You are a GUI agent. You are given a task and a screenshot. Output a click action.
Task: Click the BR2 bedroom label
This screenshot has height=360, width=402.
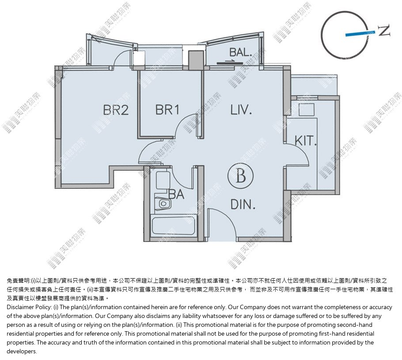(x=116, y=110)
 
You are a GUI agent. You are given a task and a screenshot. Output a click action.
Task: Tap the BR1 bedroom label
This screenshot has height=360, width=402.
(x=167, y=110)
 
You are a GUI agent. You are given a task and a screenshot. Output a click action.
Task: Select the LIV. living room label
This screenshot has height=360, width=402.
(x=241, y=110)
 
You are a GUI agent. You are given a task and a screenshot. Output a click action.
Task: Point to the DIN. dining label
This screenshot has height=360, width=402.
(x=243, y=204)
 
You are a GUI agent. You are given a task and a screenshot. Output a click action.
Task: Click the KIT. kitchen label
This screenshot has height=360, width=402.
(x=305, y=141)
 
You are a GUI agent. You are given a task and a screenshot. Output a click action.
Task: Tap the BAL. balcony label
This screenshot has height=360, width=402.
(x=240, y=52)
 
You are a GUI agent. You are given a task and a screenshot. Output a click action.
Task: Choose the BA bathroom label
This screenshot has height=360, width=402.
(x=176, y=194)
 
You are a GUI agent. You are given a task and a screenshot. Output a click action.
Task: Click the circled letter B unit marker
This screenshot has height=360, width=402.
(x=240, y=176)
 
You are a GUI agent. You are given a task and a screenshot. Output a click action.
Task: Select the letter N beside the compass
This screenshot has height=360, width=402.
(x=384, y=30)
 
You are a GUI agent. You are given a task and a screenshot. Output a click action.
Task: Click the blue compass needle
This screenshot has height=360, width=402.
(x=360, y=33)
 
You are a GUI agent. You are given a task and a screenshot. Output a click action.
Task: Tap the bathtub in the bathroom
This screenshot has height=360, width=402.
(x=173, y=226)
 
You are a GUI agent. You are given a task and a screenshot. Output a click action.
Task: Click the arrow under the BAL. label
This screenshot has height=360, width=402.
(x=230, y=62)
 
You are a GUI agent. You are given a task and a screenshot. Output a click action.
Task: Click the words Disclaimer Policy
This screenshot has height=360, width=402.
(x=29, y=307)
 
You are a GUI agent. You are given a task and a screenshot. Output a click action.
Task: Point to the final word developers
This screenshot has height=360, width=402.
(x=22, y=351)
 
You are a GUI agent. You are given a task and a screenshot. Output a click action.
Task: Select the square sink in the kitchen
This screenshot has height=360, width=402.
(x=307, y=110)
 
